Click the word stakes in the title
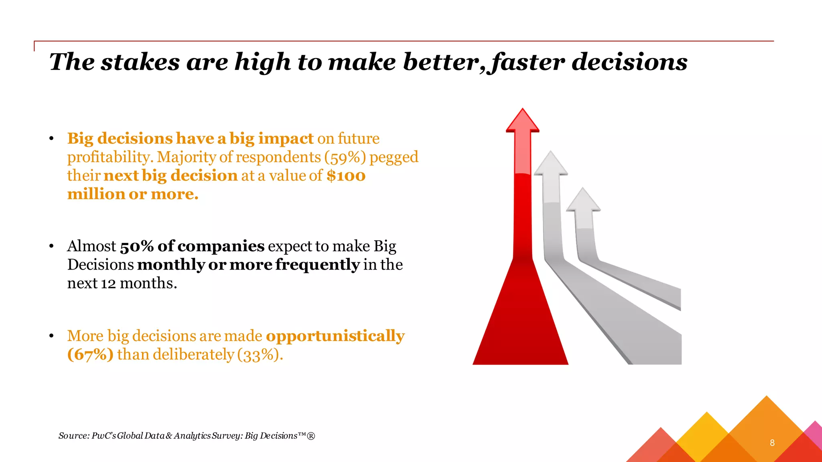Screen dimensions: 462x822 click(x=140, y=62)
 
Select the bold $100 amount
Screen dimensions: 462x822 click(x=346, y=176)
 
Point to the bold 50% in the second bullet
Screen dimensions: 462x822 click(x=136, y=246)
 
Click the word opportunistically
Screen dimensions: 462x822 click(x=335, y=336)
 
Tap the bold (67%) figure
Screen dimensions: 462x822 click(x=90, y=355)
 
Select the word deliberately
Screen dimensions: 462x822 click(x=193, y=355)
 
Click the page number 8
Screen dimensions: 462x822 click(x=772, y=443)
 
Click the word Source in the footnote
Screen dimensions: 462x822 click(x=73, y=436)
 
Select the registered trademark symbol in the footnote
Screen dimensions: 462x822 click(x=311, y=436)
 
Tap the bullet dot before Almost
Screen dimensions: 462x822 click(x=51, y=246)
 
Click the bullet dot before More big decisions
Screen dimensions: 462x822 click(x=51, y=336)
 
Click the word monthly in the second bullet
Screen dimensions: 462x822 click(x=171, y=265)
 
